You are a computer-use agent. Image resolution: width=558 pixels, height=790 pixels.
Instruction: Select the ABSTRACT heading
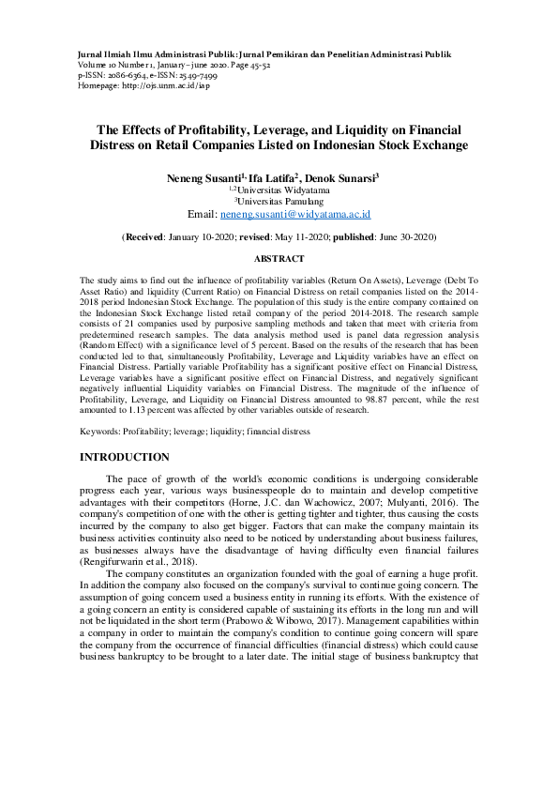pyautogui.click(x=279, y=258)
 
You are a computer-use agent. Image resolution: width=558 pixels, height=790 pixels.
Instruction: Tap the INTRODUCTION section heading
pyautogui.click(x=125, y=457)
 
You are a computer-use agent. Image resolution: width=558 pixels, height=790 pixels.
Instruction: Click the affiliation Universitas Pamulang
pyautogui.click(x=280, y=201)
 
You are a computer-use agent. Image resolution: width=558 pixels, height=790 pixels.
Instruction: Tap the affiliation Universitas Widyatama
pyautogui.click(x=282, y=190)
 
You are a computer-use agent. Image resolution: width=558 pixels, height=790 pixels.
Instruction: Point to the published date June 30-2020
pyautogui.click(x=400, y=238)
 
